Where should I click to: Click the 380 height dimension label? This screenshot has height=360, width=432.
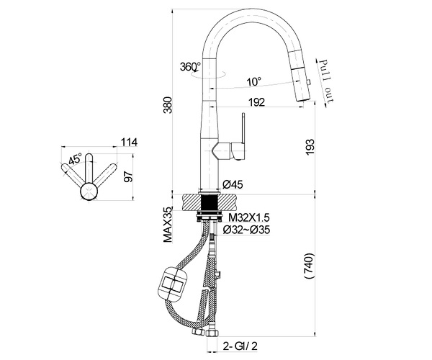click(x=168, y=105)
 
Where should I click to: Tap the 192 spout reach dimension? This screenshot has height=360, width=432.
click(x=256, y=102)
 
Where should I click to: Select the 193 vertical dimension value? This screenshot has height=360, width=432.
click(x=310, y=147)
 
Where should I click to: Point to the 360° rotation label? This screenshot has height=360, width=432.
click(x=190, y=67)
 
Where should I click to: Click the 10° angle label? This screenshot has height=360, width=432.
click(x=254, y=81)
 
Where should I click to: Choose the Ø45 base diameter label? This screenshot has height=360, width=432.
click(x=233, y=184)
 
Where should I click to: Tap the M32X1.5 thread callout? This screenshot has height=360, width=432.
click(x=249, y=217)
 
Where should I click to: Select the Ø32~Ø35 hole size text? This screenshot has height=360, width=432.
click(x=246, y=230)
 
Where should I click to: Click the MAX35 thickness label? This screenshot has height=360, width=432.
click(x=168, y=225)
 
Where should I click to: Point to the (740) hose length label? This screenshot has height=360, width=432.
click(x=310, y=266)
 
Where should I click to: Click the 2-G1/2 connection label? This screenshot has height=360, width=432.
click(x=240, y=346)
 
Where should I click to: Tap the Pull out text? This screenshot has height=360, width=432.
click(x=325, y=81)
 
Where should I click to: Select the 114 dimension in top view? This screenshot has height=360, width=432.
click(x=129, y=143)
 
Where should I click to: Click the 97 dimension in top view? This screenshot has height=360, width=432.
click(x=128, y=176)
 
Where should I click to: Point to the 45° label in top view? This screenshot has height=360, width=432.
click(x=75, y=159)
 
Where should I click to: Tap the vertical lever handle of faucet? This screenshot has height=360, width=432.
click(x=243, y=128)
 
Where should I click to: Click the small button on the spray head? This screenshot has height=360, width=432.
click(x=310, y=82)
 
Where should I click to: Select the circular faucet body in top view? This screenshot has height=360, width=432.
click(x=89, y=191)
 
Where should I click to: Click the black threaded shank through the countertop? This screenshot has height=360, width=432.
click(x=210, y=203)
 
